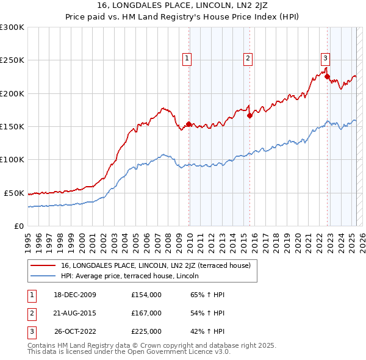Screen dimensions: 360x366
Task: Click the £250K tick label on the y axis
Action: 12,60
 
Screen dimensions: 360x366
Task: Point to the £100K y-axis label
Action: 12,159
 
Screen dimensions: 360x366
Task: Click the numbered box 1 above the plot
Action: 186,59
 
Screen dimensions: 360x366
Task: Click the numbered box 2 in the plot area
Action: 248,59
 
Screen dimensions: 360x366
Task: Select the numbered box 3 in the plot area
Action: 325,59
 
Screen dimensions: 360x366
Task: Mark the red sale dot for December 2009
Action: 188,124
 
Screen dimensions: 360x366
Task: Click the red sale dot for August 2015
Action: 249,115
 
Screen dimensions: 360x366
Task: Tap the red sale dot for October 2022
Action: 328,77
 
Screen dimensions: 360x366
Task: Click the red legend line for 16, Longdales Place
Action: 43,265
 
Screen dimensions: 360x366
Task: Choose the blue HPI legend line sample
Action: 43,276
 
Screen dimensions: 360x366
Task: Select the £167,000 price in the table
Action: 146,313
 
